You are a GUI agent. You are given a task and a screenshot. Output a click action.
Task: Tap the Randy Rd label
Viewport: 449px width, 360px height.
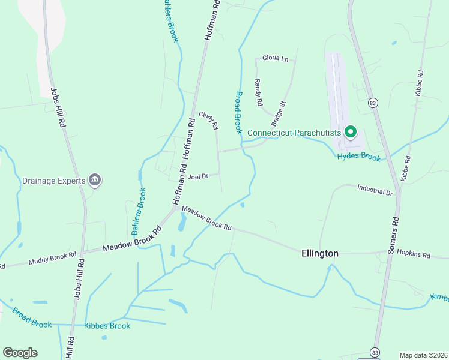tap(258, 92)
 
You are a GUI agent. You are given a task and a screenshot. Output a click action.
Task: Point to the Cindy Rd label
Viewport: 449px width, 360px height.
tap(209, 120)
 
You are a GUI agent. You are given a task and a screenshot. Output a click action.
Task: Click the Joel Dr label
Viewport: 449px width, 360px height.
tap(197, 176)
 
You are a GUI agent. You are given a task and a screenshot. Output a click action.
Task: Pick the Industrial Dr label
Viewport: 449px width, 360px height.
tap(374, 191)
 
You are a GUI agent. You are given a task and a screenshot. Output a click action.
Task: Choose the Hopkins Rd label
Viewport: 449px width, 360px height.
tap(414, 255)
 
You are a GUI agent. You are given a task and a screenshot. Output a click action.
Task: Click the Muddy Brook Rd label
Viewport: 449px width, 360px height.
tap(53, 259)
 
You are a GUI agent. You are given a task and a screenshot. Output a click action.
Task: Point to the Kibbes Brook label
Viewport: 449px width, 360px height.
tap(107, 326)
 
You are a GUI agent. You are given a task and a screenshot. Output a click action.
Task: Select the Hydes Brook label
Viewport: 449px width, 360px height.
tap(359, 157)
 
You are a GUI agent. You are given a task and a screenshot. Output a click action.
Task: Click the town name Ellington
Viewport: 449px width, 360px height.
tap(319, 254)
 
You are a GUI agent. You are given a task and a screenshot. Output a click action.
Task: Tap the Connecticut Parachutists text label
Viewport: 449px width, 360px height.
tap(294, 133)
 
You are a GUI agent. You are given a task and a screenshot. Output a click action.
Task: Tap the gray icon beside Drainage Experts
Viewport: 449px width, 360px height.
tap(95, 179)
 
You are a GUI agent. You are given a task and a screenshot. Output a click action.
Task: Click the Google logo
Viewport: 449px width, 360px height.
tap(20, 353)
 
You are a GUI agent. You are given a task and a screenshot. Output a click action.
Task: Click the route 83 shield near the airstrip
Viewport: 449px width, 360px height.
tap(373, 103)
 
